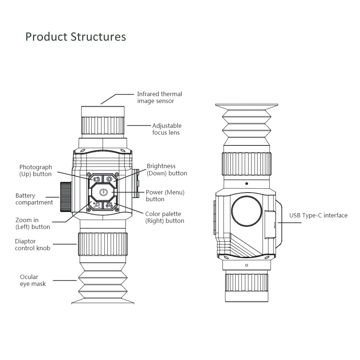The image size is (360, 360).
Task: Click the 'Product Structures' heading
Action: (x=76, y=37)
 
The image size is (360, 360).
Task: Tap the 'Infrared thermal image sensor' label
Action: (x=159, y=98)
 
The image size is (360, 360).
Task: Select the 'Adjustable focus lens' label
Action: (x=167, y=129)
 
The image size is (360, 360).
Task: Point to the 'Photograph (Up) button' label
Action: (x=36, y=170)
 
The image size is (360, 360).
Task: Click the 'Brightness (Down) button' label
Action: (x=167, y=170)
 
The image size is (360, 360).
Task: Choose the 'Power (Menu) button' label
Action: (x=165, y=195)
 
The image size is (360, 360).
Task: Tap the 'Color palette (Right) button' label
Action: (x=165, y=217)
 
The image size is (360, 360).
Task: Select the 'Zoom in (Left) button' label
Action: (x=32, y=223)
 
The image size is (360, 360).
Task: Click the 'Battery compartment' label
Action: (x=34, y=199)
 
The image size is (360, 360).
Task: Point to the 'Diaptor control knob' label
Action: (x=32, y=244)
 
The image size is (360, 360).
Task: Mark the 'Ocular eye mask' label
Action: (x=33, y=280)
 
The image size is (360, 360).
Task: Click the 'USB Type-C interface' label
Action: (x=318, y=216)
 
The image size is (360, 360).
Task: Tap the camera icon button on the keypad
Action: (x=96, y=179)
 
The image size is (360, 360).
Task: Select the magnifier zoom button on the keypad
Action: (x=96, y=205)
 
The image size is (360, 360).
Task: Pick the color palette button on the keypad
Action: (x=109, y=205)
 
